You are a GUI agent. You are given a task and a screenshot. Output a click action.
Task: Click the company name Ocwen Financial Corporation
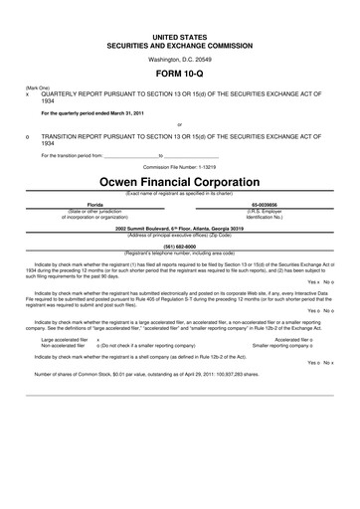tap(180, 183)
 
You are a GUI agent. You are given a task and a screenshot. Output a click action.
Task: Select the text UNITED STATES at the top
tap(180, 35)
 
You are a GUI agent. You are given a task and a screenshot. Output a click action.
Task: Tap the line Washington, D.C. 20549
tap(180, 59)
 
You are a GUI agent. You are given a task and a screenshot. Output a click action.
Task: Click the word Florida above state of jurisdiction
tap(95, 203)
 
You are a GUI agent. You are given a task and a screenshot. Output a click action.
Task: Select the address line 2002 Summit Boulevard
tap(180, 228)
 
